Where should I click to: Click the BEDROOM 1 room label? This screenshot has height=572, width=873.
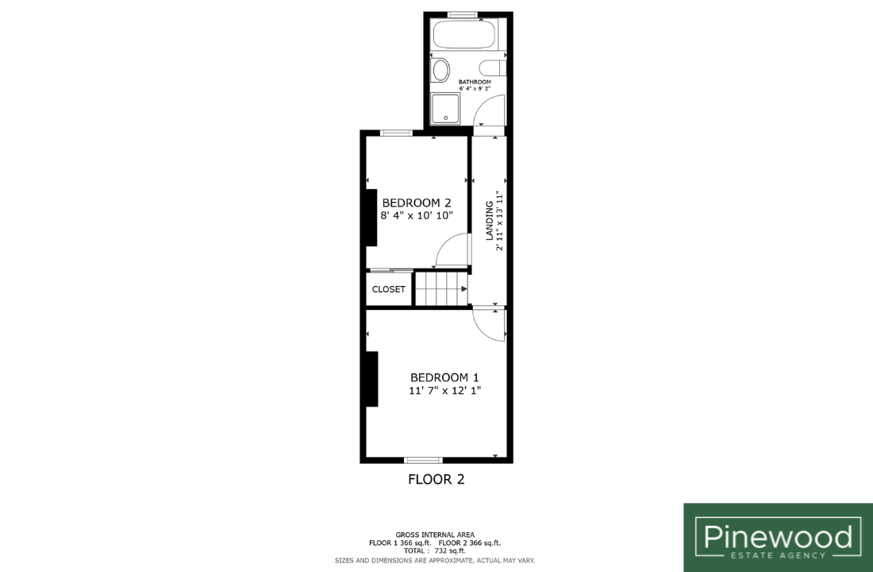tap(444, 377)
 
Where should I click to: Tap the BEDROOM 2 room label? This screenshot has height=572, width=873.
tap(417, 203)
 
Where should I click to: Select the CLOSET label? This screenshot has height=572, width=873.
tap(389, 289)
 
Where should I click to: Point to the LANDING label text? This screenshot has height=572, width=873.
tap(490, 220)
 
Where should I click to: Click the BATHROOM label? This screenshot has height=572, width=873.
tap(475, 82)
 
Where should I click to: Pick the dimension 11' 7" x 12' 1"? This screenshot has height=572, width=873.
tap(445, 391)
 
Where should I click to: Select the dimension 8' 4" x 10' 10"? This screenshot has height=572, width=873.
tap(417, 216)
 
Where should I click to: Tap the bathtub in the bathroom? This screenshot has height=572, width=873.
tap(463, 35)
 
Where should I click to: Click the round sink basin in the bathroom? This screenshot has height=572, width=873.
tap(440, 71)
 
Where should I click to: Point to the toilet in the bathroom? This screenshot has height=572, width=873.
tap(493, 68)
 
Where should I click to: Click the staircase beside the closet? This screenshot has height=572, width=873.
tap(441, 289)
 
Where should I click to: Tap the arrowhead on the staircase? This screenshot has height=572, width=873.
tap(463, 289)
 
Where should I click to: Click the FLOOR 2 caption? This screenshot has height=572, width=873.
tap(436, 480)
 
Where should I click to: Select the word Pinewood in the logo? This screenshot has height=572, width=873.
tap(779, 537)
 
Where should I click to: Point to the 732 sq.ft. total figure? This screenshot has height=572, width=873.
tap(450, 551)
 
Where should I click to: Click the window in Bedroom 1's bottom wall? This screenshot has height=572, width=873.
tap(423, 460)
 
